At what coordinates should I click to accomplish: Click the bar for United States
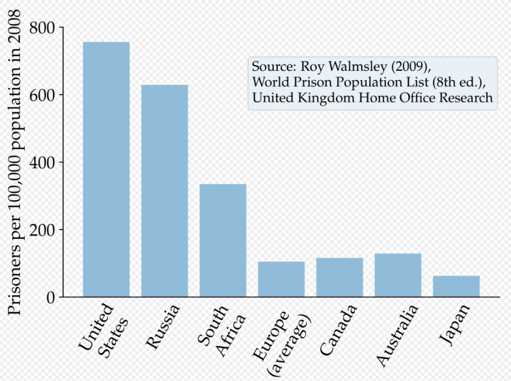(106, 169)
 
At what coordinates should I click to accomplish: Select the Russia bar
(164, 190)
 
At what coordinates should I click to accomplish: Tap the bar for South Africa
(222, 240)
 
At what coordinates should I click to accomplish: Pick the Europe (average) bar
(281, 279)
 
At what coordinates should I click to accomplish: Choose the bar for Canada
(339, 277)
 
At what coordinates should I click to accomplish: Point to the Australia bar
(398, 275)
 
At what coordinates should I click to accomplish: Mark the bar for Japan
(456, 286)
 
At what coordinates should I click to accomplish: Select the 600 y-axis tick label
(42, 95)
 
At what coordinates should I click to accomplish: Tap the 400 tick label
(42, 162)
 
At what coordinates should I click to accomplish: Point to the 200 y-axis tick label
(42, 230)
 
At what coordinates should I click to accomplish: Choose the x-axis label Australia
(398, 335)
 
